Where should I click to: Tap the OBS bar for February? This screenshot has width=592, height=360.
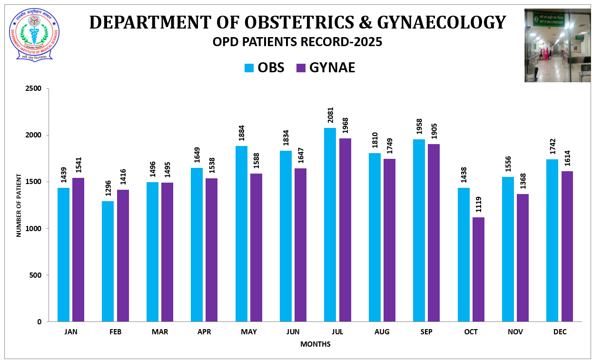coord(108,261)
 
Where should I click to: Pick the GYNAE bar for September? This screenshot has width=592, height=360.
coord(434,233)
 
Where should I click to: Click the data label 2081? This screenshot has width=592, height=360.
coord(330,115)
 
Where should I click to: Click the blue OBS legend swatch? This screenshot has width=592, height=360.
coord(249,68)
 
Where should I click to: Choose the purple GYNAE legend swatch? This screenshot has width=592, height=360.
coord(301,68)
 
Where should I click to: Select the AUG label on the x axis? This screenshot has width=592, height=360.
coord(382,332)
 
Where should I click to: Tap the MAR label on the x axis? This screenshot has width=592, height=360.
coord(160,332)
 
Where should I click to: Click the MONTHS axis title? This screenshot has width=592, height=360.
coord(315,344)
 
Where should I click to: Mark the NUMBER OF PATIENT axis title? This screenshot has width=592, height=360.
coord(19,205)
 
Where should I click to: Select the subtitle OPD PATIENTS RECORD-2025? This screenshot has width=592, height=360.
coord(297,42)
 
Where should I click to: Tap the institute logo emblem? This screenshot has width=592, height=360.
coord(34,34)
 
